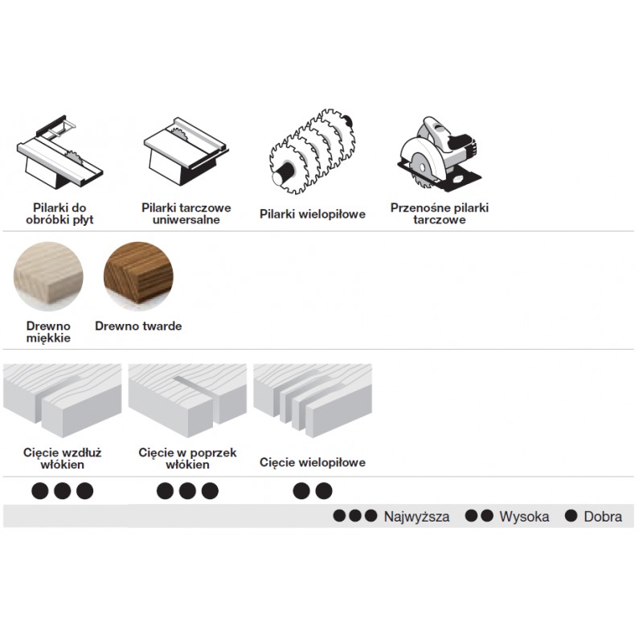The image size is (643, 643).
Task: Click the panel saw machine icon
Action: point(59,152)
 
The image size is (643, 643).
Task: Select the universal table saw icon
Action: point(186,151)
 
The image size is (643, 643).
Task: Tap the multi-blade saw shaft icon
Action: point(313,151)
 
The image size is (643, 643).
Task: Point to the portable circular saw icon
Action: point(439,154)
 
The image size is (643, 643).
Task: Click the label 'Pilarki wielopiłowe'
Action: point(313,214)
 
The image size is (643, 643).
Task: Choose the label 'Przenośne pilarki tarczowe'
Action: point(440,214)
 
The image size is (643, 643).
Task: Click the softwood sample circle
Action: point(48,276)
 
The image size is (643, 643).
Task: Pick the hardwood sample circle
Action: point(138,276)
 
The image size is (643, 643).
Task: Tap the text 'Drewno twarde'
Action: point(138,326)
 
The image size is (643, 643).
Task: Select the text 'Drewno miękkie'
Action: point(48,332)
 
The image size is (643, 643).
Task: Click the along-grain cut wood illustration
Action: point(63,400)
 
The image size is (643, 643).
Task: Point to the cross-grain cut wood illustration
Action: point(187,400)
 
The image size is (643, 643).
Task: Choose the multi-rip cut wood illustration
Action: point(313,400)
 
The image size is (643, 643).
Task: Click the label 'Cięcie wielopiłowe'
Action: point(313,463)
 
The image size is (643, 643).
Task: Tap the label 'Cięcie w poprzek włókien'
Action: point(187,458)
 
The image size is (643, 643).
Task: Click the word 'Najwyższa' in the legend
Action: point(416,517)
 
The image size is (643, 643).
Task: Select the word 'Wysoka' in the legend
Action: point(524,517)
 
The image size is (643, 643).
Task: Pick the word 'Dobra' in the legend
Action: point(603,517)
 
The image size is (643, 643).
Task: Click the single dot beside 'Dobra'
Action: point(571,516)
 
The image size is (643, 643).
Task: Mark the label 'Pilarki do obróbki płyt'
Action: point(59,214)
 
